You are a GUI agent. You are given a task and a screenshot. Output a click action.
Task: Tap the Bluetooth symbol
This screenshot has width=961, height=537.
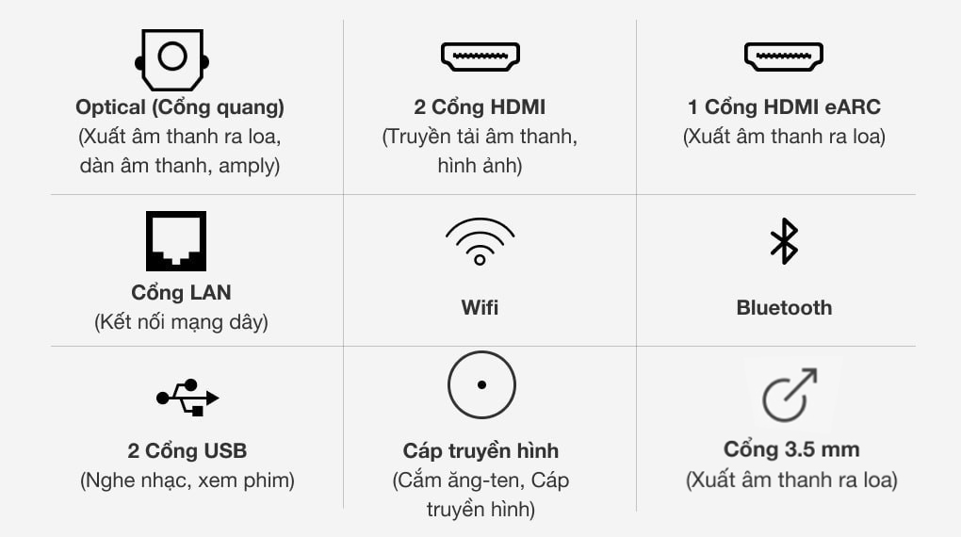pyautogui.click(x=784, y=241)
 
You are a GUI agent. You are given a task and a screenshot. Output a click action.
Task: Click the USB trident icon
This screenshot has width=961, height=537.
pyautogui.click(x=187, y=398)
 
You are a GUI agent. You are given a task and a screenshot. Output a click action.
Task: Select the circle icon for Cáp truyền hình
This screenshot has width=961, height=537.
pyautogui.click(x=481, y=351)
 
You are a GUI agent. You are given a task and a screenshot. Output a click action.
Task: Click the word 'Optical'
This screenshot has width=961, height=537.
pyautogui.click(x=110, y=107)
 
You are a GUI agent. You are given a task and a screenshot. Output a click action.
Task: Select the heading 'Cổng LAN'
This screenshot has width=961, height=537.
pyautogui.click(x=182, y=293)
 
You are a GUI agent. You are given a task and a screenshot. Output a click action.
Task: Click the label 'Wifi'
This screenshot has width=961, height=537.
pyautogui.click(x=480, y=307)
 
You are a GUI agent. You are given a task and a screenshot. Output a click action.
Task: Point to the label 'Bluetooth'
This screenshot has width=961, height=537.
pyautogui.click(x=785, y=307)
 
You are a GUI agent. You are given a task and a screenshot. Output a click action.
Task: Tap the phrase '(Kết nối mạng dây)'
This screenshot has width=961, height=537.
pyautogui.click(x=182, y=322)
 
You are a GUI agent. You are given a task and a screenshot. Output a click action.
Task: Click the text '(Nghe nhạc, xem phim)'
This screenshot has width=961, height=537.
pyautogui.click(x=187, y=480)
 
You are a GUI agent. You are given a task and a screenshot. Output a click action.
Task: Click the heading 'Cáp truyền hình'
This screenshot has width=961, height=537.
pyautogui.click(x=481, y=450)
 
